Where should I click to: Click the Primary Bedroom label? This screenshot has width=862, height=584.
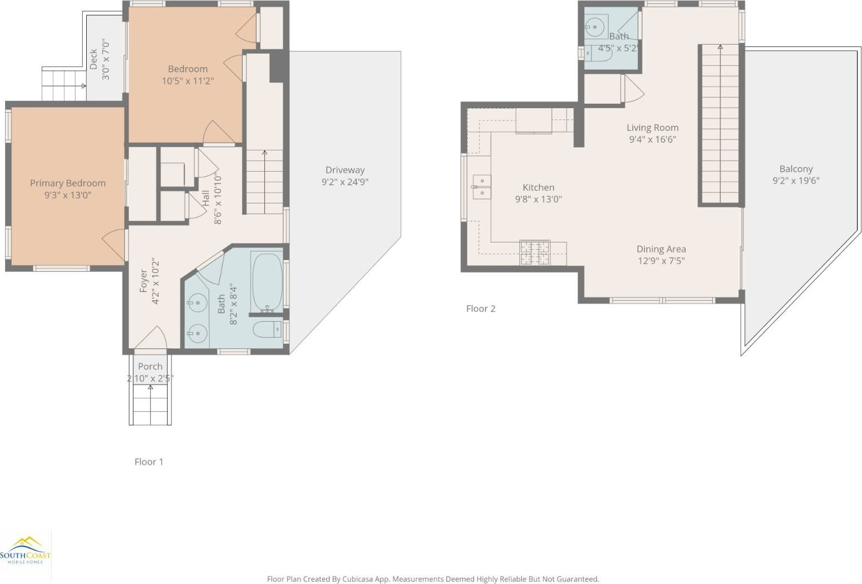pyautogui.click(x=67, y=183)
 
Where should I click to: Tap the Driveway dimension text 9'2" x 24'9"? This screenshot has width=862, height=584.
pyautogui.click(x=345, y=181)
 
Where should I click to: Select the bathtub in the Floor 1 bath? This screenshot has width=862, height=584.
pyautogui.click(x=267, y=282)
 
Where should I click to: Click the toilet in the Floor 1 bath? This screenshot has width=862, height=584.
pyautogui.click(x=267, y=330)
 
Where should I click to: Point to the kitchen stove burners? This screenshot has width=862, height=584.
pyautogui.click(x=535, y=253)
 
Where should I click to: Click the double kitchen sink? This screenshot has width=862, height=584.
pyautogui.click(x=482, y=187)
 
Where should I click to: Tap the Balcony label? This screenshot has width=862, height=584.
pyautogui.click(x=796, y=169)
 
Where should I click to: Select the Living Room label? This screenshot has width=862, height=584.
pyautogui.click(x=653, y=127)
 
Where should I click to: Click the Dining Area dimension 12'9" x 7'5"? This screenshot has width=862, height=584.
pyautogui.click(x=661, y=261)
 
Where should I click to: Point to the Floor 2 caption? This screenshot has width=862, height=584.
pyautogui.click(x=481, y=308)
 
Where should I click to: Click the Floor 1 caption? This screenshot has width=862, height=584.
pyautogui.click(x=149, y=462)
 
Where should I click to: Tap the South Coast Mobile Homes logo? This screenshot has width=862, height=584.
pyautogui.click(x=26, y=551)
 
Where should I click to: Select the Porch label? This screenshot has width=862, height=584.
pyautogui.click(x=150, y=366)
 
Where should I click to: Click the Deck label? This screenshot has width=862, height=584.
pyautogui.click(x=94, y=59)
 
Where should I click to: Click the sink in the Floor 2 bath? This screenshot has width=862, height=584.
pyautogui.click(x=595, y=27)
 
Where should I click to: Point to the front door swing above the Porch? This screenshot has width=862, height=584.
pyautogui.click(x=151, y=338)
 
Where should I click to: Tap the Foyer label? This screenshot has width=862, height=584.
pyautogui.click(x=143, y=280)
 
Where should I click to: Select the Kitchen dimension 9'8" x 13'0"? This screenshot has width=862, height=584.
pyautogui.click(x=538, y=199)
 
